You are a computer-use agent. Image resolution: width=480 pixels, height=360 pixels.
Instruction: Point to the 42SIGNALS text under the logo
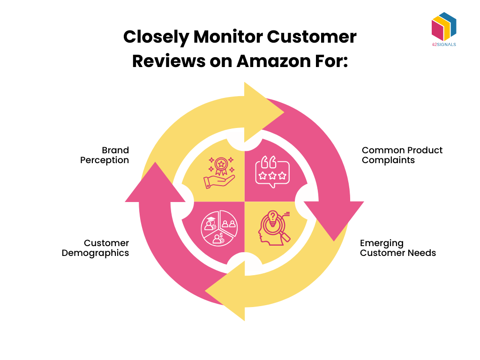click(443, 45)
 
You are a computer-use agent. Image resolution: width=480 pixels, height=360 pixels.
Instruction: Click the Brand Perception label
click(105, 155)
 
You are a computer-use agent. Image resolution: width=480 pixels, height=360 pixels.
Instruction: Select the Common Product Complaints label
click(402, 155)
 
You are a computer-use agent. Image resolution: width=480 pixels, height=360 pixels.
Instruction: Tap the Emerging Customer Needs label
click(397, 248)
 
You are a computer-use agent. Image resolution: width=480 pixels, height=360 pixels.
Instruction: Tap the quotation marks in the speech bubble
click(268, 164)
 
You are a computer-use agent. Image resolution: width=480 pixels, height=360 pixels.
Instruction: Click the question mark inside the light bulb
click(272, 218)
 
